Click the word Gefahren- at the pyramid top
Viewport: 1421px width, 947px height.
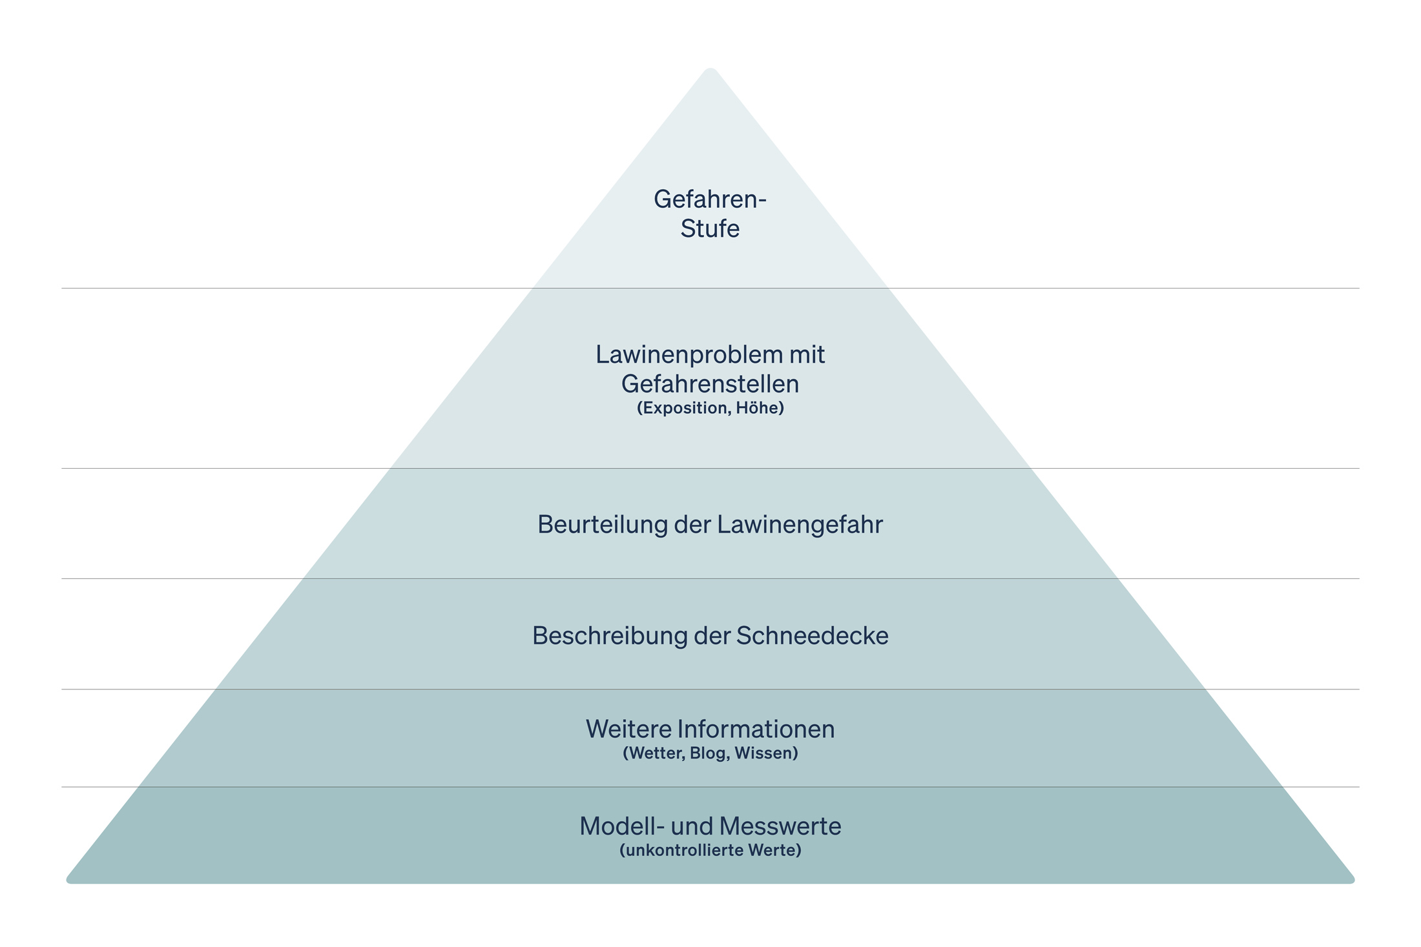(x=709, y=199)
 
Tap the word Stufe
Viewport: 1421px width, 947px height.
(x=709, y=229)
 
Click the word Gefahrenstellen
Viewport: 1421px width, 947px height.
(x=710, y=384)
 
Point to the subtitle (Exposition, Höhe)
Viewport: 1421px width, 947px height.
(x=710, y=408)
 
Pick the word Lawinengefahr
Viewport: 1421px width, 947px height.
(x=799, y=524)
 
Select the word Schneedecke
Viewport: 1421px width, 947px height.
(x=812, y=636)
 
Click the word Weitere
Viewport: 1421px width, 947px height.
(x=628, y=729)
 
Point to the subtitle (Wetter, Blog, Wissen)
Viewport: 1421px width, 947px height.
(x=710, y=753)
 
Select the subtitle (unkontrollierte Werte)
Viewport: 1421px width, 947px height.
(x=710, y=850)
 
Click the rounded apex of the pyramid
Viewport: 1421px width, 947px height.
(x=710, y=71)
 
